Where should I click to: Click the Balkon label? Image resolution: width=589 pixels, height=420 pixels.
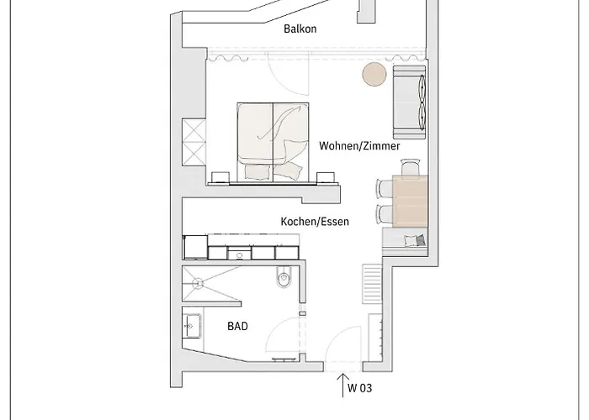[300, 29]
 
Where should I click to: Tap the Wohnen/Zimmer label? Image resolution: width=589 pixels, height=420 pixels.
[359, 145]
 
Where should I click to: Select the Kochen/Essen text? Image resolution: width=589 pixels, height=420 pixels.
[315, 221]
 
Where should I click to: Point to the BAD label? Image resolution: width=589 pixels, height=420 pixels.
[238, 326]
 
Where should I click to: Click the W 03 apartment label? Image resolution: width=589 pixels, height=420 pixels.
[360, 388]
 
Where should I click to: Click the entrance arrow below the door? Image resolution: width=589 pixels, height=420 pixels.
[343, 385]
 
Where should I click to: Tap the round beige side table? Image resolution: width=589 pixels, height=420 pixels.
[374, 74]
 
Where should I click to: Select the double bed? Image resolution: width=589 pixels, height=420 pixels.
[273, 143]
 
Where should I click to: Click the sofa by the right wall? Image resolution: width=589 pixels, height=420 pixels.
[409, 102]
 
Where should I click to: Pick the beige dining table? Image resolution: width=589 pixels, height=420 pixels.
[410, 201]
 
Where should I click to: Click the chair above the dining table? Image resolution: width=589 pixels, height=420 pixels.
[411, 167]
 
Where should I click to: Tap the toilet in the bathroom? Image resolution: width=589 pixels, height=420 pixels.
[284, 276]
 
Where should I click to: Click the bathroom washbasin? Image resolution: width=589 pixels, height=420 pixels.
[192, 326]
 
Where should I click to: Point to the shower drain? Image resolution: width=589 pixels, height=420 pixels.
[197, 283]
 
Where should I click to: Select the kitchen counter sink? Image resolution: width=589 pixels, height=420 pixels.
[239, 253]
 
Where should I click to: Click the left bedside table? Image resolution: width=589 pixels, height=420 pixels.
[220, 177]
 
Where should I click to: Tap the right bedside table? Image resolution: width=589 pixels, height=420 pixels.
[326, 177]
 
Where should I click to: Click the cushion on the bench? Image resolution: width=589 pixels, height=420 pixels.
[416, 240]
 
